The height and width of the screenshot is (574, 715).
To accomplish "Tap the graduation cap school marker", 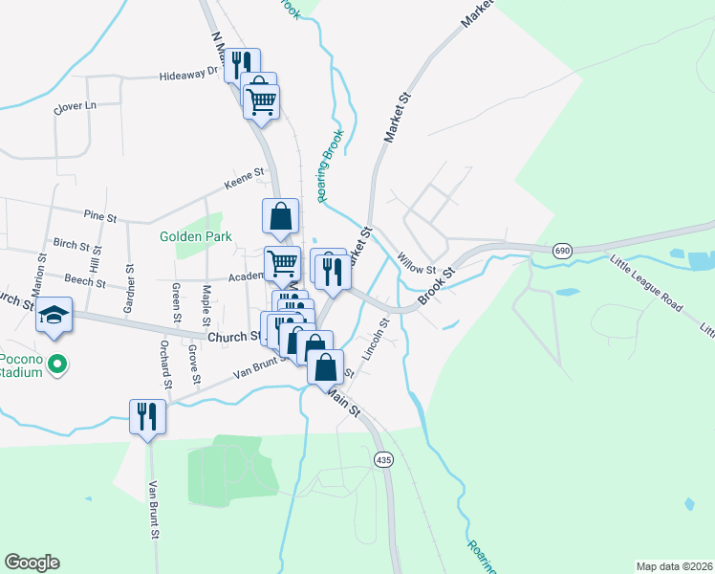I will (x=54, y=316).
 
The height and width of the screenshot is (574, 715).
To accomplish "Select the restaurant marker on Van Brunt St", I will (x=147, y=417).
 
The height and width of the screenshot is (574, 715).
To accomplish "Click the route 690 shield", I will (x=562, y=251).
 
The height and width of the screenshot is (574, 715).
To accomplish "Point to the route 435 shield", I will (x=383, y=459).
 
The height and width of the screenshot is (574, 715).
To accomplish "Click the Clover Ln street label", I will (x=76, y=106).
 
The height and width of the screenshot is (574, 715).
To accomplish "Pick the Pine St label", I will (x=99, y=217).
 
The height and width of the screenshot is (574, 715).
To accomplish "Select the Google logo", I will (x=32, y=563).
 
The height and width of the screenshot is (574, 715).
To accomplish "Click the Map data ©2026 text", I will (x=674, y=565).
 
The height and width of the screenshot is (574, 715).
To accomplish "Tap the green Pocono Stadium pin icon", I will (x=57, y=364).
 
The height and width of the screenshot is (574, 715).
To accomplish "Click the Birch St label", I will (x=71, y=244).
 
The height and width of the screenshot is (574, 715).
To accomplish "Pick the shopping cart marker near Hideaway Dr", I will (x=263, y=100).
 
